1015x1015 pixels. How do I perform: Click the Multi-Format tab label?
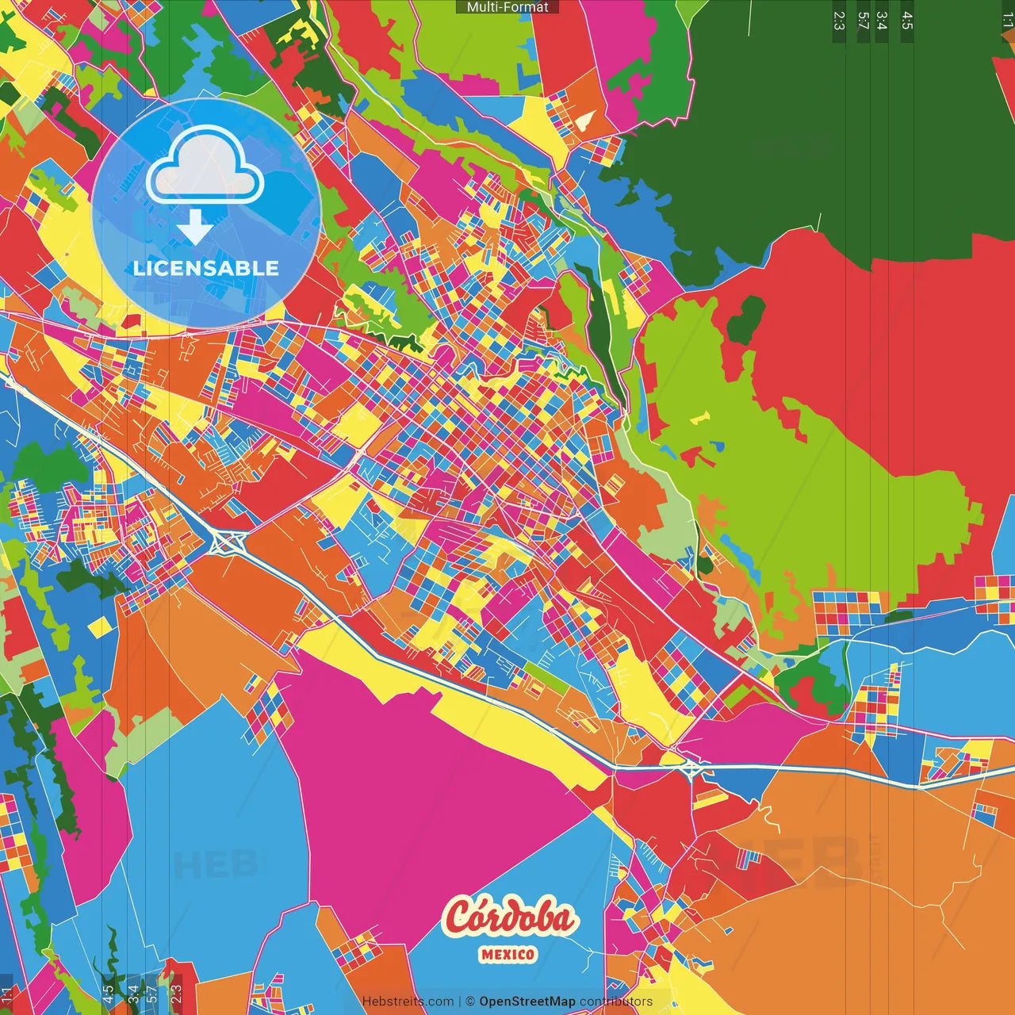tap(507, 7)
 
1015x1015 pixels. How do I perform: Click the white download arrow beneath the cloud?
tap(195, 228)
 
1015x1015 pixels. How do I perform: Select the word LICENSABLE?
tap(206, 268)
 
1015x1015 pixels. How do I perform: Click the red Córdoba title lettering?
tap(509, 917)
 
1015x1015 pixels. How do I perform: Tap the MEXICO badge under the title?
tap(507, 955)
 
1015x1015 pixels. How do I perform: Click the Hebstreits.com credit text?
tap(408, 1002)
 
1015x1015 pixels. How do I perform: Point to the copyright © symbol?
tap(470, 1002)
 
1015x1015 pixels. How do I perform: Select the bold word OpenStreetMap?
tap(527, 1002)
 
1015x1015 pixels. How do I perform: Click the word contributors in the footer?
tap(616, 1002)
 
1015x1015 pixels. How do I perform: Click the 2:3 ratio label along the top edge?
tap(839, 21)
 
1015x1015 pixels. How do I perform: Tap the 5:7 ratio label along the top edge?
tap(863, 21)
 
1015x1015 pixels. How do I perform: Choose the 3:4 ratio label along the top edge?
tap(881, 21)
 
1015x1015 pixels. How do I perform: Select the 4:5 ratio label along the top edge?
tap(907, 21)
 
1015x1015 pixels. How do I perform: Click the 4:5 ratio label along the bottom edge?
tap(108, 994)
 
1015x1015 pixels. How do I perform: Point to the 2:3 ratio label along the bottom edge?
tap(176, 994)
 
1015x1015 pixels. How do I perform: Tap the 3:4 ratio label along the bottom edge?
tap(133, 994)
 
